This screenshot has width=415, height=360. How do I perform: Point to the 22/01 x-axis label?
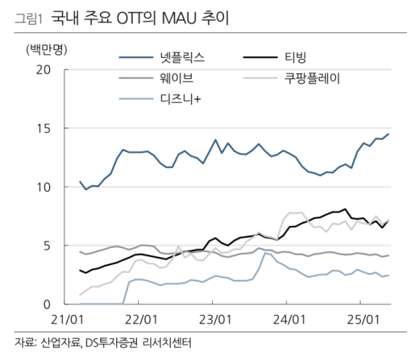click(142, 321)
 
